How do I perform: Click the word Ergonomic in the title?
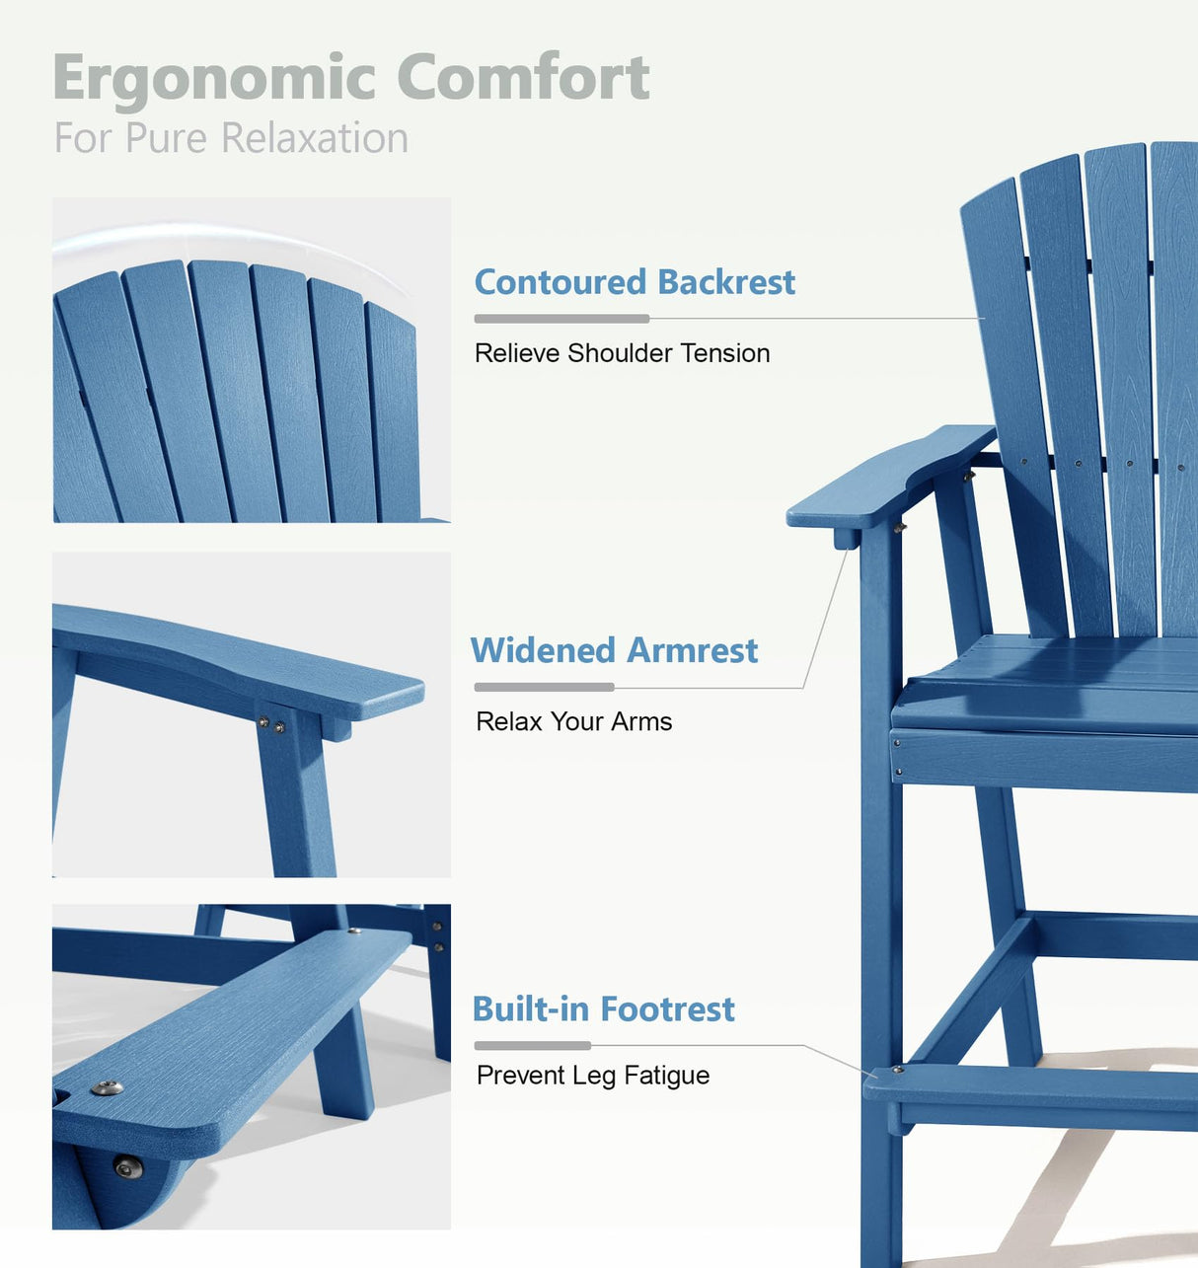(x=214, y=79)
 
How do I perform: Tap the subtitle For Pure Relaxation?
(x=231, y=138)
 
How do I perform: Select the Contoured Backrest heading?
(x=635, y=282)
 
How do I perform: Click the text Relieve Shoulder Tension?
(x=622, y=353)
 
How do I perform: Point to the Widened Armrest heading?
(x=614, y=650)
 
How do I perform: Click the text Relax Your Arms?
(x=573, y=721)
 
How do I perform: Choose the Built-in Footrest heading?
(x=603, y=1009)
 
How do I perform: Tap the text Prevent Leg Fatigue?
(x=592, y=1075)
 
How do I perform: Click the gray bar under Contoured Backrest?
(x=562, y=319)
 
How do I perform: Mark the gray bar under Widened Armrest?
(x=544, y=687)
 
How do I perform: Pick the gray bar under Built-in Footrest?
(x=532, y=1045)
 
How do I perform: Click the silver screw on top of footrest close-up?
(x=107, y=1087)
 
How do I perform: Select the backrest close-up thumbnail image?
(x=252, y=360)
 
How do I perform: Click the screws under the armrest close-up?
(x=271, y=725)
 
